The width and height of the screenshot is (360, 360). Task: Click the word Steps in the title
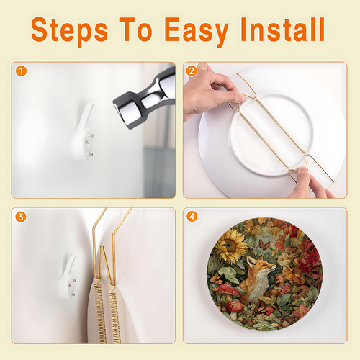pos(69,30)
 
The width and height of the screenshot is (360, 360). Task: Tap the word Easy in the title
pos(197,30)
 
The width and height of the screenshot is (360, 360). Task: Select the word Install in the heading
pos(282,30)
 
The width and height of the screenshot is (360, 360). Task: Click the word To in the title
pos(135,30)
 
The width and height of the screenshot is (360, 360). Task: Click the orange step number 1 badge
pos(21,71)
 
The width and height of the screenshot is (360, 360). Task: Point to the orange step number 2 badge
pos(192,71)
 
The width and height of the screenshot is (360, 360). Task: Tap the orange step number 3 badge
pos(21,217)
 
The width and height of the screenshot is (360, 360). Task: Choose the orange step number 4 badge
pos(192,217)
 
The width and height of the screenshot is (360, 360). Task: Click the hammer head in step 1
pos(144,99)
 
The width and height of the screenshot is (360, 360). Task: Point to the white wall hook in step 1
pos(83,131)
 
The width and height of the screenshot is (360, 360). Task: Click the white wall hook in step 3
pos(68,277)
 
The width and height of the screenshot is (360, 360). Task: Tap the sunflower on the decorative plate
pos(231,246)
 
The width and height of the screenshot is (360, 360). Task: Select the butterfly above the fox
pos(264,245)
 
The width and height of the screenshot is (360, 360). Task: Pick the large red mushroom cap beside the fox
pos(227,290)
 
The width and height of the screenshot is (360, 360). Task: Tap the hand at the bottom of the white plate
pos(310,184)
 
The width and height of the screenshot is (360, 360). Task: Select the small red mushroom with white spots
pos(235,307)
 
